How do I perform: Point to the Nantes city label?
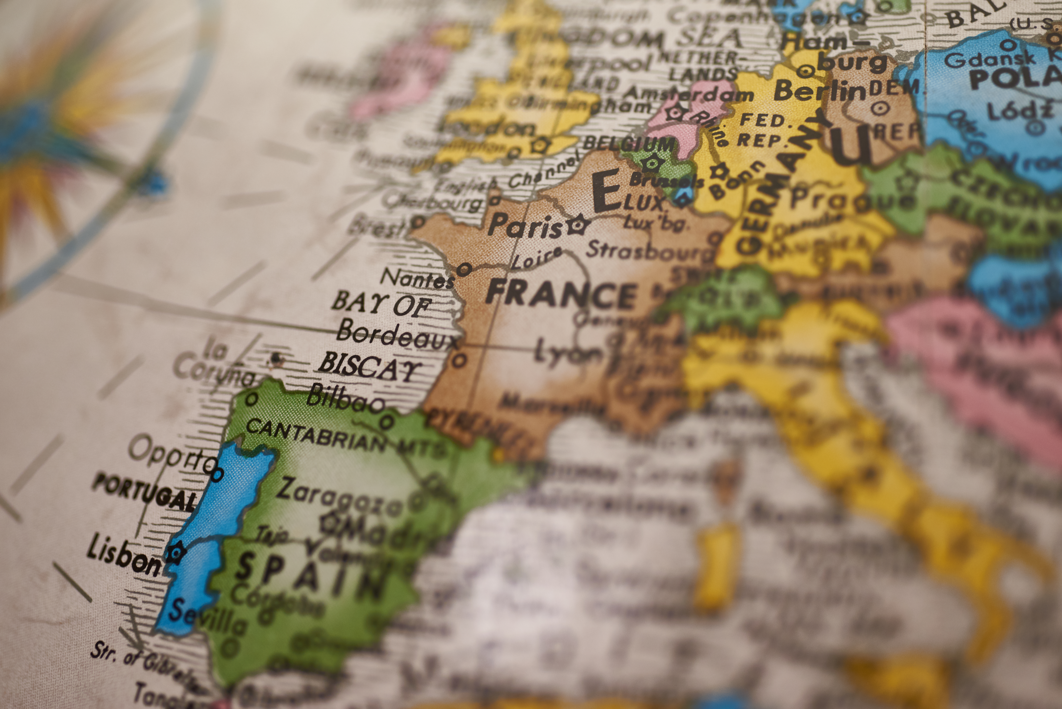(x=417, y=278)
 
